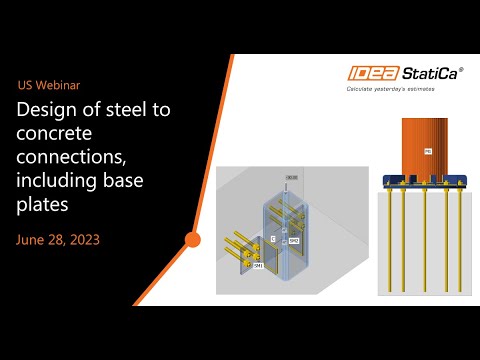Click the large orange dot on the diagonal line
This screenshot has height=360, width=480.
tap(193, 239)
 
